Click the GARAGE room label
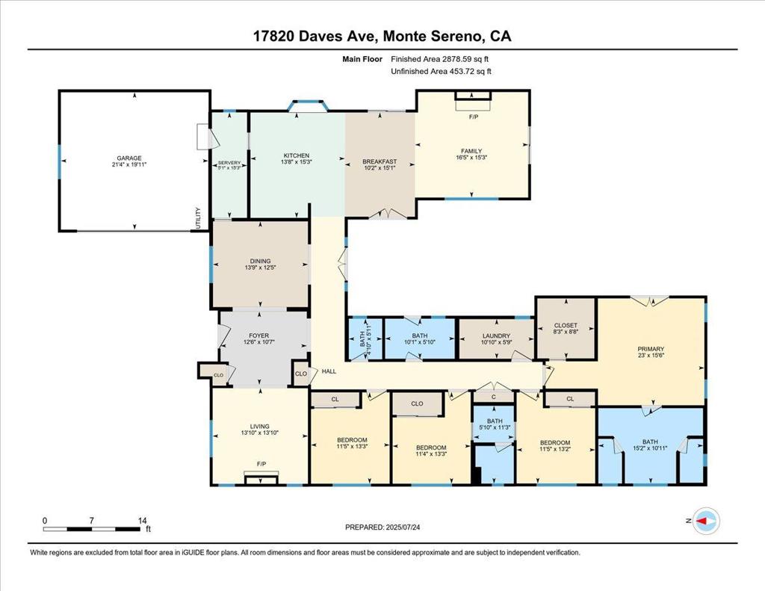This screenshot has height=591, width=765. click(x=128, y=158)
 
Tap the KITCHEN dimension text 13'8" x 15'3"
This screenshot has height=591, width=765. click(x=297, y=161)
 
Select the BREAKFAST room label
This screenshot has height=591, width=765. click(x=380, y=161)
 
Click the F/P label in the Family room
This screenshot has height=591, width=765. click(x=473, y=117)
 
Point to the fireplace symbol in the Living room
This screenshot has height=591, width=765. click(x=261, y=479)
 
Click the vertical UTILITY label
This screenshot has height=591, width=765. click(x=198, y=218)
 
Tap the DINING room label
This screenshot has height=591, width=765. click(x=260, y=261)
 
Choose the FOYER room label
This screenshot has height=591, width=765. click(x=259, y=335)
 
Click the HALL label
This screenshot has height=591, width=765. click(x=329, y=371)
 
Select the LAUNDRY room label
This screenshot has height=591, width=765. click(x=496, y=335)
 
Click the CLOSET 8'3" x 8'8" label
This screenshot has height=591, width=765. click(x=566, y=329)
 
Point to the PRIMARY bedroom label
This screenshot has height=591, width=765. click(x=651, y=349)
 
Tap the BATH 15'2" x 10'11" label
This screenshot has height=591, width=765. click(x=650, y=445)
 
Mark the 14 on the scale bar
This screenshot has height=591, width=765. click(x=142, y=521)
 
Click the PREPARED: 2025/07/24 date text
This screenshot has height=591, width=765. click(x=382, y=527)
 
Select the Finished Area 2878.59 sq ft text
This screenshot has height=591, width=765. click(x=439, y=59)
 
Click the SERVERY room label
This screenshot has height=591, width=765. click(x=229, y=163)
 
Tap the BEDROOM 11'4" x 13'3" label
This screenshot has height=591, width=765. click(x=431, y=451)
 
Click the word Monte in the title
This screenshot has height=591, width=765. click(x=404, y=36)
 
